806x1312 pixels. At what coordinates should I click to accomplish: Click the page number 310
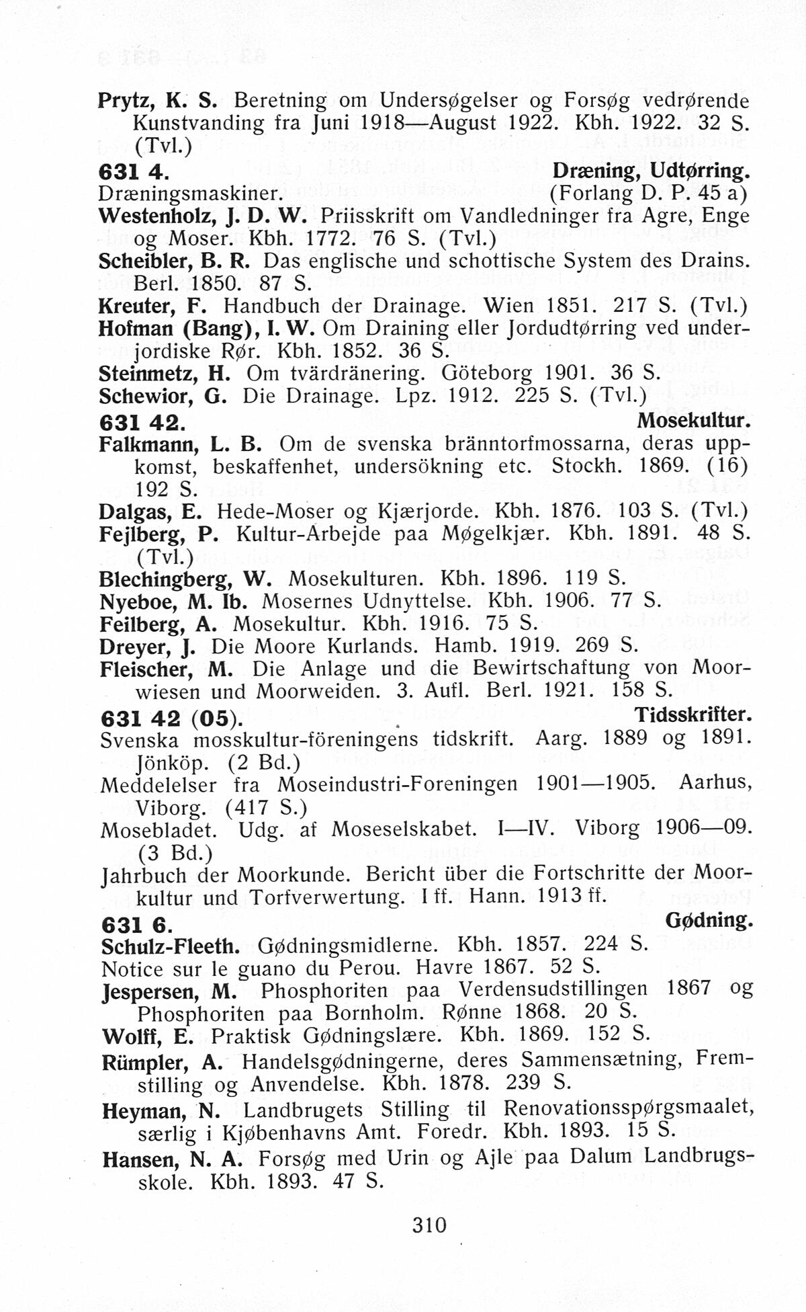(429, 1224)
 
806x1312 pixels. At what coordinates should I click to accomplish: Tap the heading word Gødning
(709, 920)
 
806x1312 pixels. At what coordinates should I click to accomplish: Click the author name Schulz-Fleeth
(171, 946)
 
